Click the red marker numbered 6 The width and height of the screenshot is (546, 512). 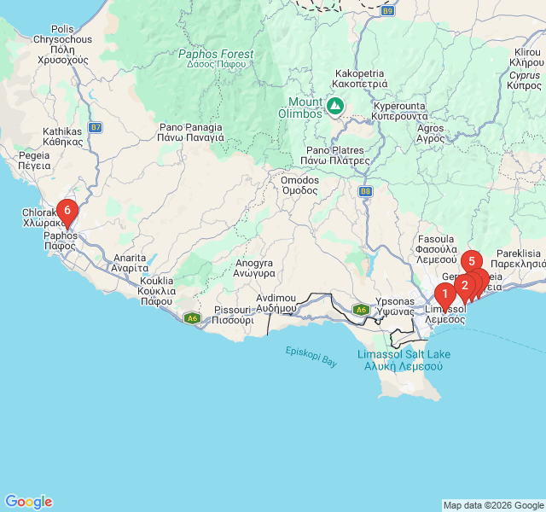(x=67, y=210)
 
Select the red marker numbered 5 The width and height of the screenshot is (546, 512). (x=471, y=261)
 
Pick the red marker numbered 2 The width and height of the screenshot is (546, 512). (x=464, y=284)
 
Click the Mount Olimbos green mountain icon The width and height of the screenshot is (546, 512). (x=335, y=106)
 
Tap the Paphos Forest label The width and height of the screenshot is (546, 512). (x=216, y=60)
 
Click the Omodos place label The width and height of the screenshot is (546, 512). (x=299, y=185)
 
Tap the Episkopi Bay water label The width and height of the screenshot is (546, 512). (x=311, y=356)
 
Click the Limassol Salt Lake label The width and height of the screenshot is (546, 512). (x=403, y=359)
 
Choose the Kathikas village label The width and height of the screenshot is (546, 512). (x=62, y=137)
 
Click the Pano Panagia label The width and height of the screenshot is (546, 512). (x=191, y=131)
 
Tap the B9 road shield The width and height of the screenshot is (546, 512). (x=388, y=11)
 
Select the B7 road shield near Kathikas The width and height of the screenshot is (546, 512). (x=96, y=127)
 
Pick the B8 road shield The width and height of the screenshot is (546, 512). (x=366, y=192)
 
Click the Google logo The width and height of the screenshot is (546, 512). (x=28, y=502)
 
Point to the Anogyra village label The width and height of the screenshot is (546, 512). (x=255, y=269)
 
